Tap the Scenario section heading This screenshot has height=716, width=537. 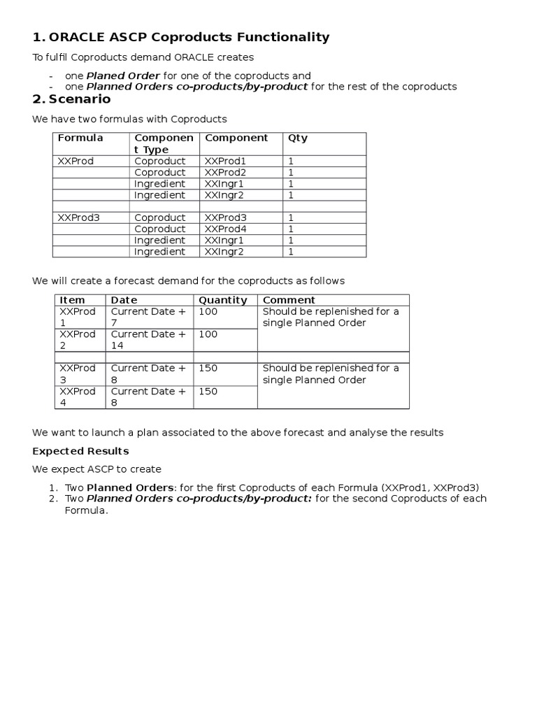(79, 99)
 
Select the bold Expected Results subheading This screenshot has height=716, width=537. (80, 451)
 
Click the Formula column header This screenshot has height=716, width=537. (80, 138)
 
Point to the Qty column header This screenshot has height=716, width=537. (298, 138)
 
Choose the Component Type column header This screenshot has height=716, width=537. (164, 143)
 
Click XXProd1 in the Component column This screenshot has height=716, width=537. (225, 161)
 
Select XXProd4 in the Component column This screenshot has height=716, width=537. (225, 229)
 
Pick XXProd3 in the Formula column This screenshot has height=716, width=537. (79, 217)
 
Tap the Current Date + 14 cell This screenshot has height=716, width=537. (148, 340)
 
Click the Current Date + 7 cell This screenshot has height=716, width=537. (148, 317)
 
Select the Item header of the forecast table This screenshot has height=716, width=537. (73, 300)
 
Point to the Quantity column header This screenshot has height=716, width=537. (223, 300)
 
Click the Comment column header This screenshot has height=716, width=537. (289, 300)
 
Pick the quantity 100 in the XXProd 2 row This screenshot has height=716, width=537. (208, 334)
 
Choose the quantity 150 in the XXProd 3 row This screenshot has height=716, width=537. (208, 368)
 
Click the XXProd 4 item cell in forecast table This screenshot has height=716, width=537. (78, 396)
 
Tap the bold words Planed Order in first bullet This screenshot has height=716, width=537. (123, 76)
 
